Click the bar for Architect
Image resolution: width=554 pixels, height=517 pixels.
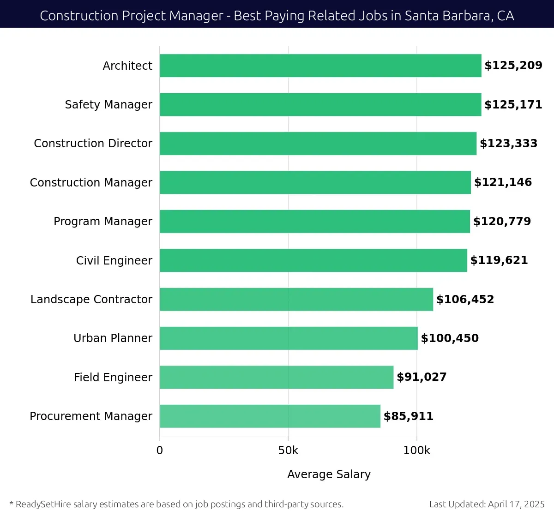tap(320, 66)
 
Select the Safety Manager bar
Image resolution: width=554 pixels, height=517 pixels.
tap(320, 104)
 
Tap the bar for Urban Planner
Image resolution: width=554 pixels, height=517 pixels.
tap(289, 338)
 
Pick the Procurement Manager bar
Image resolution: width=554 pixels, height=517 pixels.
tap(270, 416)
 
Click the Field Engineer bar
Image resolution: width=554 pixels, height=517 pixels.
tap(277, 377)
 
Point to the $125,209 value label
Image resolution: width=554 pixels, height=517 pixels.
tap(513, 66)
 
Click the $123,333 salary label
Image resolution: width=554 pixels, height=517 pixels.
tap(508, 144)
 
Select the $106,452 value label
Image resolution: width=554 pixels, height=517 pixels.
tap(465, 300)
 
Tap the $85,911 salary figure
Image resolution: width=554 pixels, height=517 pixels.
tap(409, 416)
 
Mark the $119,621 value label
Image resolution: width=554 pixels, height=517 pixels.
tap(499, 260)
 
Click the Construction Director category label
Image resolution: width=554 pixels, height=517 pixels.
tap(93, 144)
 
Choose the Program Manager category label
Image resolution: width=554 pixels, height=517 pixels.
tap(102, 222)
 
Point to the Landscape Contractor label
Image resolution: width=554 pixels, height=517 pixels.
tap(91, 300)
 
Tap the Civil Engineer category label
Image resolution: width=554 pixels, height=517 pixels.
tap(114, 261)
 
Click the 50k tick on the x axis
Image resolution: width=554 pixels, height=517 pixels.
tap(288, 451)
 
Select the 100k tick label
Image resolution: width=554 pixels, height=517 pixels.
tap(416, 451)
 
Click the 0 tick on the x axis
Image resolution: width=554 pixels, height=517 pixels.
tap(160, 451)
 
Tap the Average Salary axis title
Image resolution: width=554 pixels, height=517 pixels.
tap(329, 475)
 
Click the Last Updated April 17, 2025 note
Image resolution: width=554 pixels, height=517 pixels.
tap(487, 504)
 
